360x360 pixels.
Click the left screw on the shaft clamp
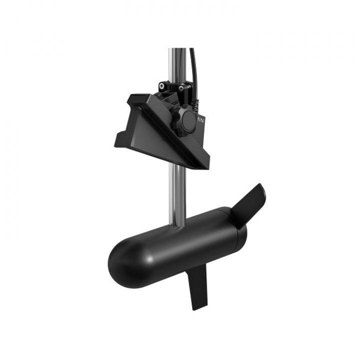(162, 85)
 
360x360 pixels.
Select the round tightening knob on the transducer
(186, 120)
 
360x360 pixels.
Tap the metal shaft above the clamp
(176, 62)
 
